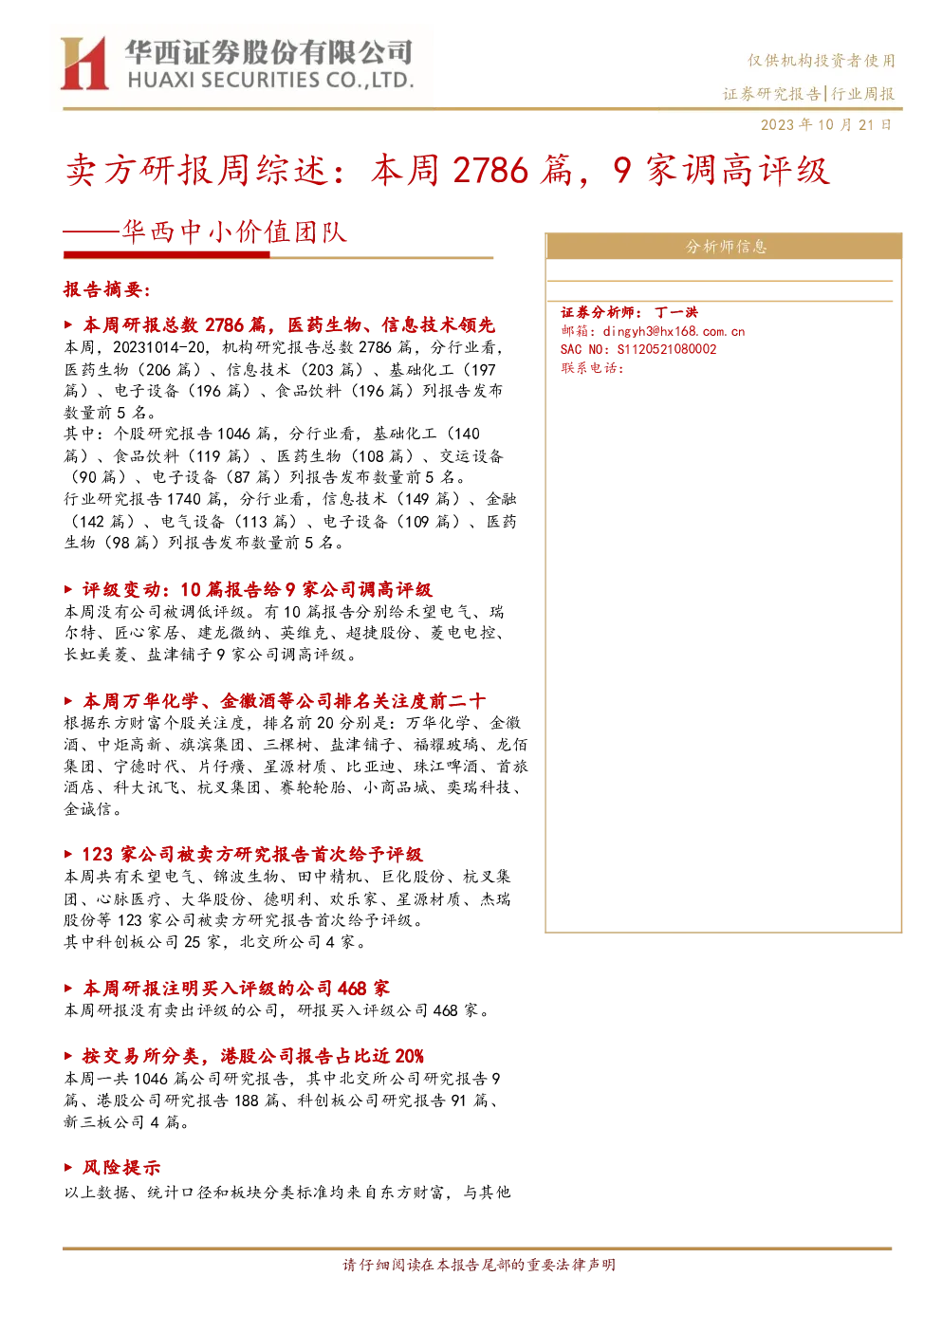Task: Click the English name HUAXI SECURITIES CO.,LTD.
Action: (270, 81)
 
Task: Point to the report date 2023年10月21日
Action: (826, 125)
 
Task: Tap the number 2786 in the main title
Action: (490, 170)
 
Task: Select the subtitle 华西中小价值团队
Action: (234, 231)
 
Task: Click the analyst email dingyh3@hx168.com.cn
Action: (674, 331)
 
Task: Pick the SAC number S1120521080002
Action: (667, 349)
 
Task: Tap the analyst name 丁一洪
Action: (676, 312)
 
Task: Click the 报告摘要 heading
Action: (107, 289)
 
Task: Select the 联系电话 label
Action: (592, 368)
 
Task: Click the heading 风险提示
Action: (121, 1168)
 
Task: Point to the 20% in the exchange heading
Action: (409, 1056)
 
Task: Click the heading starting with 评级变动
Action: (257, 589)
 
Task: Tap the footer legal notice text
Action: (479, 1265)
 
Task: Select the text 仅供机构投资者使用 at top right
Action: (822, 60)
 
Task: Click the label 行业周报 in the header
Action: (863, 93)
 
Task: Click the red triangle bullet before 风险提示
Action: (68, 1168)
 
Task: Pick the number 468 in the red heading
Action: (351, 989)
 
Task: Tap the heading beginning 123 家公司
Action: (252, 855)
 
